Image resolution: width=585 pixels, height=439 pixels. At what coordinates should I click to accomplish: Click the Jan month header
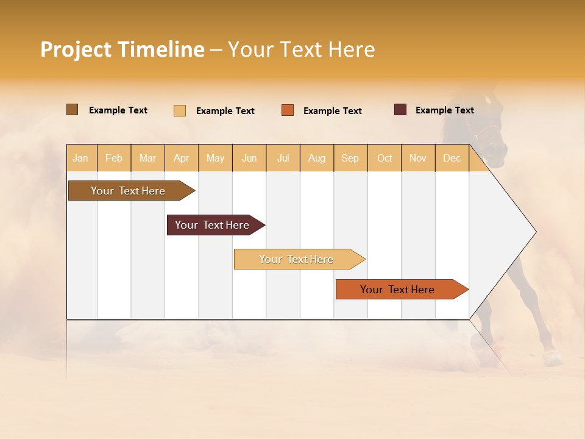[80, 158]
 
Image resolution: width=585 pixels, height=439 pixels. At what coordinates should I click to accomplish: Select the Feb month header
[114, 158]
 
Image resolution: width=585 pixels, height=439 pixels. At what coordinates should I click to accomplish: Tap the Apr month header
[181, 158]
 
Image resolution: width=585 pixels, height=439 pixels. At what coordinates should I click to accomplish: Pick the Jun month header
[249, 158]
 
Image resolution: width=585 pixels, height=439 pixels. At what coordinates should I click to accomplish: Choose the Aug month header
[316, 158]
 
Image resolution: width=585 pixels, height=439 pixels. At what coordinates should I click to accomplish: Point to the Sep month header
[350, 158]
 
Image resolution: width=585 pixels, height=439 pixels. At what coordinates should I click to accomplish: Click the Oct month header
[385, 158]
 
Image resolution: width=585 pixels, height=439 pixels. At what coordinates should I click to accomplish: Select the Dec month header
[452, 158]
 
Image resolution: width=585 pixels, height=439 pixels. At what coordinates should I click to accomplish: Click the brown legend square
[72, 110]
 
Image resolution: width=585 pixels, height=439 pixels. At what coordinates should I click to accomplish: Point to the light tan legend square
[179, 110]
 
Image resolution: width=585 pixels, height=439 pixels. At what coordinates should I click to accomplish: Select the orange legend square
[288, 110]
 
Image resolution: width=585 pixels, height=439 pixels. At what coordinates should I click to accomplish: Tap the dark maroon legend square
[400, 110]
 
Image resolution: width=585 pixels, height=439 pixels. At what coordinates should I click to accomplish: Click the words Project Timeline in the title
[122, 49]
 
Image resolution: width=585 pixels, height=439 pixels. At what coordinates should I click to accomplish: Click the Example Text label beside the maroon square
[444, 110]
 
